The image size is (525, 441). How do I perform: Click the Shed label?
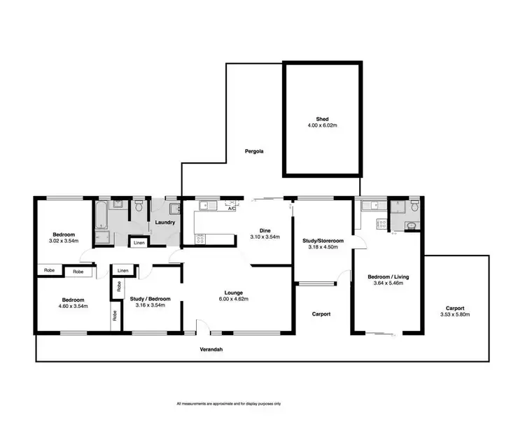click(322, 119)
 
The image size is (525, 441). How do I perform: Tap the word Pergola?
click(253, 151)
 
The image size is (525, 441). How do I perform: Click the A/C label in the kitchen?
click(231, 208)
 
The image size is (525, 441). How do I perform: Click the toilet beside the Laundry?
click(139, 206)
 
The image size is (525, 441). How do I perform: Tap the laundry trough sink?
click(173, 207)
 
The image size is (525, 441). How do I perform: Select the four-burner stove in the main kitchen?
click(200, 238)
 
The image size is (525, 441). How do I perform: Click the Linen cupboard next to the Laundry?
click(139, 242)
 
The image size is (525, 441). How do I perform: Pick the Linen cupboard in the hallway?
click(123, 270)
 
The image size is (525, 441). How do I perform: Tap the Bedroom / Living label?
click(388, 277)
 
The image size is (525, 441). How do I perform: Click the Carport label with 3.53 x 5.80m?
click(454, 315)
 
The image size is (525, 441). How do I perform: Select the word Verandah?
click(210, 349)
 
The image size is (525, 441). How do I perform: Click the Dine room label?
click(265, 230)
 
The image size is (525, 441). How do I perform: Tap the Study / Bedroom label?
click(150, 299)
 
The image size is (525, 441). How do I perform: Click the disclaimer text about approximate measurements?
click(228, 404)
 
